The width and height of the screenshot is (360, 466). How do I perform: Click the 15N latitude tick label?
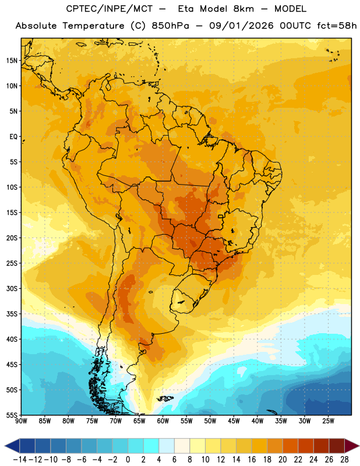coord(12,61)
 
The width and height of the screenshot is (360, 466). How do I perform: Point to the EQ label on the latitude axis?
coord(13,137)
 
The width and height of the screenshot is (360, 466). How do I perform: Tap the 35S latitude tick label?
coord(12,314)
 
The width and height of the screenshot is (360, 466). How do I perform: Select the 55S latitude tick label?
coord(12,415)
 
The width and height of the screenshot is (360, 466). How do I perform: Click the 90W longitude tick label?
coord(22,421)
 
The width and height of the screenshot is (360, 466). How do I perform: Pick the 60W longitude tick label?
coord(163,421)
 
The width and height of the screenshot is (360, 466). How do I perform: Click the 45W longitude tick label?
coord(234,421)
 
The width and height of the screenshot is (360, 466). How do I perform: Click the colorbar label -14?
coord(20,460)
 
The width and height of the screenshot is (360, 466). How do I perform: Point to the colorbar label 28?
coord(344,460)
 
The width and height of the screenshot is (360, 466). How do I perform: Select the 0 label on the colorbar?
coord(128,460)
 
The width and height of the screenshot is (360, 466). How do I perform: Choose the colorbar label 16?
coord(252,460)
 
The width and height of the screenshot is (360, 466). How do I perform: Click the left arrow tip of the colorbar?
coord(5,446)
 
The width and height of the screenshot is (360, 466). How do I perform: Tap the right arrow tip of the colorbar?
coord(359,446)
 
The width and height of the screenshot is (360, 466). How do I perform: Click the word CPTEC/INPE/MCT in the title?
coord(110,9)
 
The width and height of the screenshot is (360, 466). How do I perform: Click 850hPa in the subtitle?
coord(170,26)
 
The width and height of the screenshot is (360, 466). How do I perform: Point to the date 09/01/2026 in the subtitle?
coord(241,26)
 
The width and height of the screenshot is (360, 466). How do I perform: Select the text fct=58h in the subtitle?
coord(337,26)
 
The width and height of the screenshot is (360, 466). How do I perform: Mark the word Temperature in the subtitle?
coord(93,26)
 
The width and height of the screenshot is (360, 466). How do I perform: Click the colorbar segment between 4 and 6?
coord(167,446)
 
